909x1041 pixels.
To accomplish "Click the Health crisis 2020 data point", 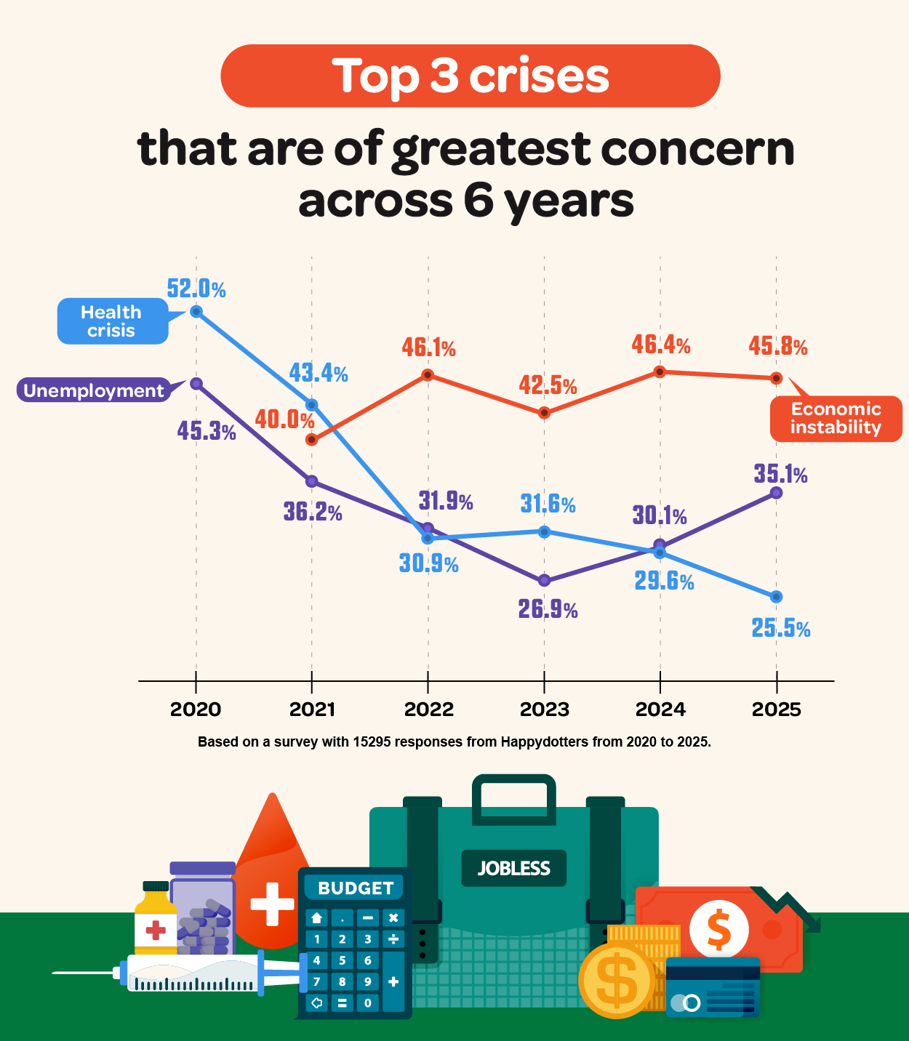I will [196, 312].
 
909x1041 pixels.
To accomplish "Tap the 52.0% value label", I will [196, 289].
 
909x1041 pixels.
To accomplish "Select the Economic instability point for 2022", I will [428, 375].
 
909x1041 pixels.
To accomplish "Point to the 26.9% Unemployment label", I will [548, 609].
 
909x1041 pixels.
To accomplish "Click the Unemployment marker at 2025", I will [776, 493].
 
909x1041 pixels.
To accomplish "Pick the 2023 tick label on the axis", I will [544, 710].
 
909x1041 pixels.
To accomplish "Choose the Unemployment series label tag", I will [94, 390].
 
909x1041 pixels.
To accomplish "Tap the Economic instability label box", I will [836, 419].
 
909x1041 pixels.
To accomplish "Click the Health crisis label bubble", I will [112, 321].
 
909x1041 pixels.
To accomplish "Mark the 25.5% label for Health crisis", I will [780, 628].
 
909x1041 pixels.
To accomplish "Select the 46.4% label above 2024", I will [660, 344].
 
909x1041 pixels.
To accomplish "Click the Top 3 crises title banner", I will [470, 76].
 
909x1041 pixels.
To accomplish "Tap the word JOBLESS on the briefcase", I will [513, 868].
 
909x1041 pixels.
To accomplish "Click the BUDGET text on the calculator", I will [356, 888].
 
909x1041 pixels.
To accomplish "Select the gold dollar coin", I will [617, 980].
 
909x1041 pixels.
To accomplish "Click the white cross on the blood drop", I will [272, 904].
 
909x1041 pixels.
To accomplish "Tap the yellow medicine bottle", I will [155, 920].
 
